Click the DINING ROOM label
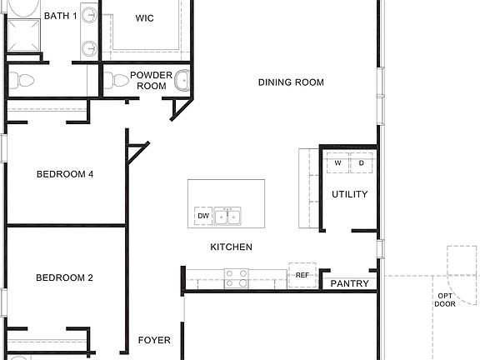(x=291, y=82)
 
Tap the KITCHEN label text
(x=231, y=247)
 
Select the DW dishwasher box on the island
(x=202, y=216)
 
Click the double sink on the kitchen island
(x=227, y=217)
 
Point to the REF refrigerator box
(x=302, y=275)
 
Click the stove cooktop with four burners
(x=237, y=277)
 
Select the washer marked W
(x=337, y=163)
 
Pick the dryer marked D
(x=361, y=163)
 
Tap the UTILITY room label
(x=349, y=194)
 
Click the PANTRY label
(x=350, y=284)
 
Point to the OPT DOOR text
(x=446, y=300)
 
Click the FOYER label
(x=154, y=340)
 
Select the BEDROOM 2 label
(x=64, y=277)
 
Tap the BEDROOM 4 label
(x=65, y=174)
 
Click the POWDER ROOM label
(x=151, y=80)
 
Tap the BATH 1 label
(x=61, y=16)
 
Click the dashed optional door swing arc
(x=458, y=262)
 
